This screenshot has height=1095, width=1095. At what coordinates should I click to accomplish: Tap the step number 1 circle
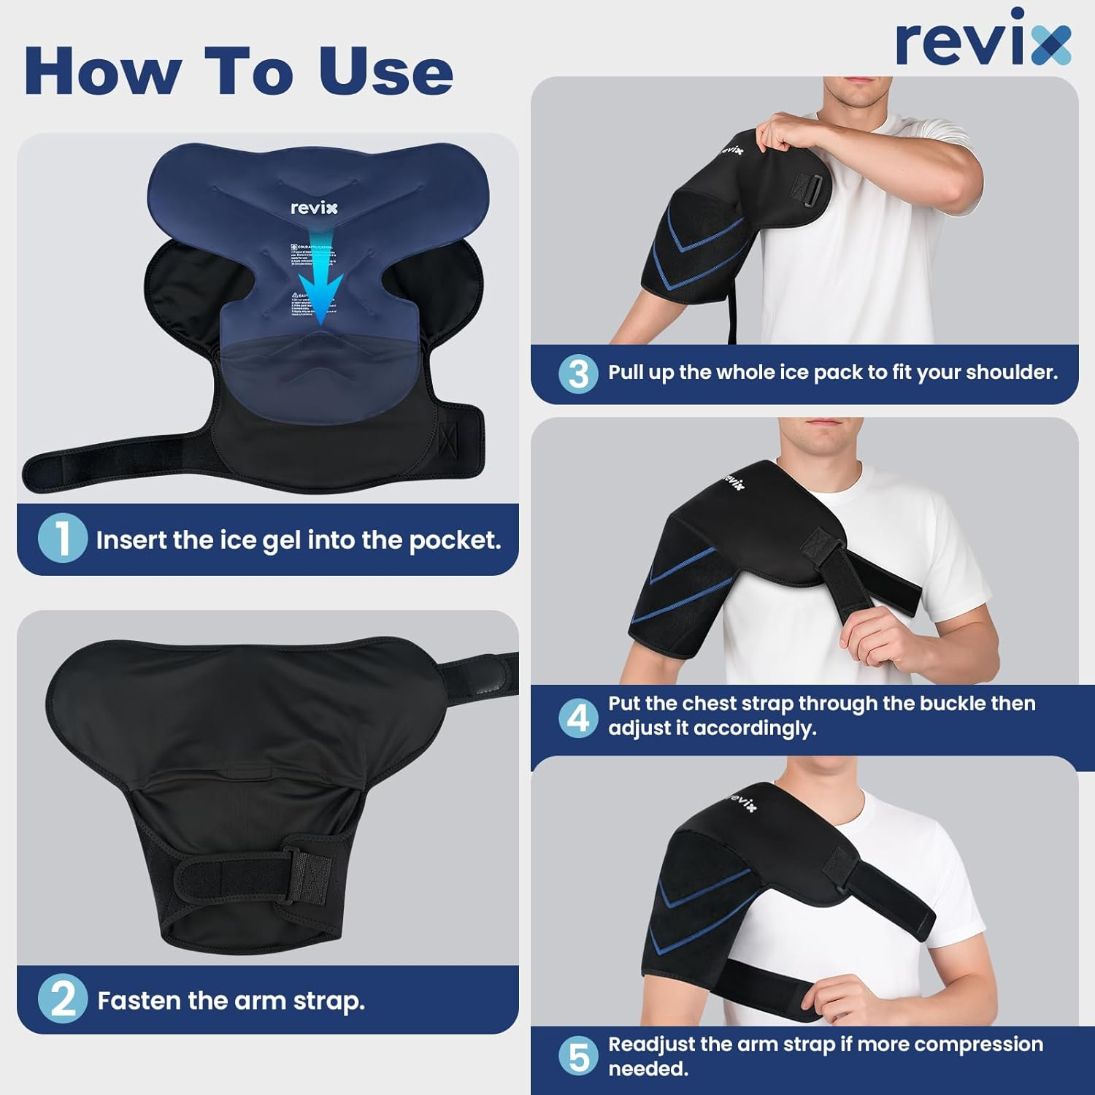click(63, 539)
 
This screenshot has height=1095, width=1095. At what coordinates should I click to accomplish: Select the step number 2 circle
click(63, 999)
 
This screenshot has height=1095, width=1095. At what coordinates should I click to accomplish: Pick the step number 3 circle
click(578, 373)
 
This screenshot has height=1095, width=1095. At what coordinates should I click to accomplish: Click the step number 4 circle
click(578, 718)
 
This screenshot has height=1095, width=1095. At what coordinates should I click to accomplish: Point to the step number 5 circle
click(578, 1056)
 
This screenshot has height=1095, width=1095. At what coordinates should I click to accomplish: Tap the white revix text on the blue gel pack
click(314, 208)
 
